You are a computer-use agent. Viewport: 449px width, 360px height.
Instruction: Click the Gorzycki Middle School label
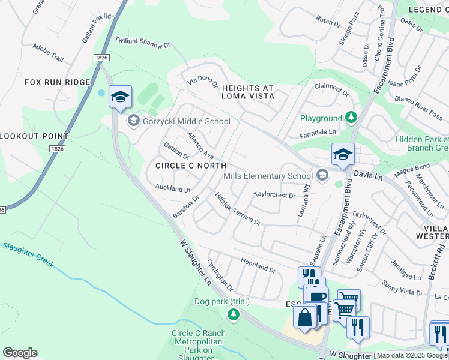185,122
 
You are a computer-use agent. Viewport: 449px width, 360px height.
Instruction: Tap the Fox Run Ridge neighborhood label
57,82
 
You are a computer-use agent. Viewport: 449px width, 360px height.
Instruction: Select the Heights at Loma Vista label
248,92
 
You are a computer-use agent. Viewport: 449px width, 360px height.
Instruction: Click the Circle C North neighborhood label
190,166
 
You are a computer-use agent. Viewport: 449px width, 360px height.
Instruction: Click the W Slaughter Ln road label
196,262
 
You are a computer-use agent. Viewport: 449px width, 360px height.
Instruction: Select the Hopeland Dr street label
258,266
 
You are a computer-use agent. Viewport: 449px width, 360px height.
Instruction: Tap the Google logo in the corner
20,353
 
